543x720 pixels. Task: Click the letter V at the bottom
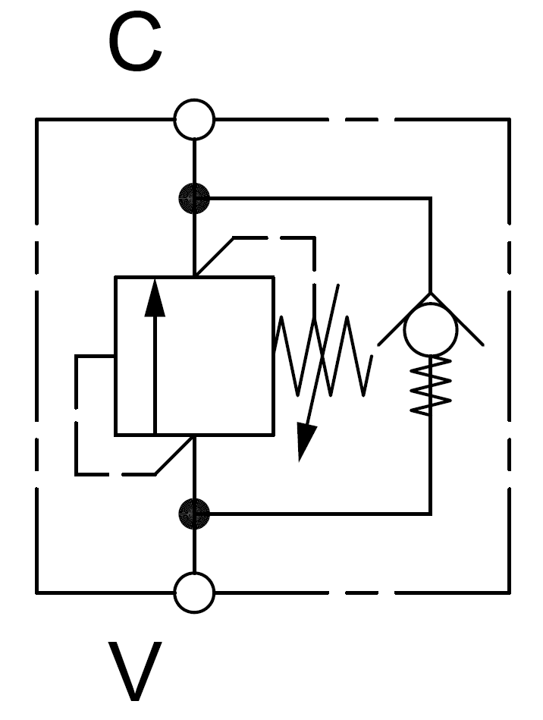click(135, 671)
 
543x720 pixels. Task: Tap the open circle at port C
click(194, 119)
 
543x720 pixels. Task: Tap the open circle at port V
click(194, 593)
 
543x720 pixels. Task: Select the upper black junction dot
click(194, 199)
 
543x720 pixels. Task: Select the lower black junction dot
click(194, 514)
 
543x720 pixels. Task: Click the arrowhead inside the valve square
click(155, 298)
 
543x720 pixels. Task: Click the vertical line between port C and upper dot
click(194, 162)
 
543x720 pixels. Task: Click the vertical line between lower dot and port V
click(194, 551)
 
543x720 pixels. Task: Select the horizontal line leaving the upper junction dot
click(319, 199)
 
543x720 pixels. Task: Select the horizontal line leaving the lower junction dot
click(319, 514)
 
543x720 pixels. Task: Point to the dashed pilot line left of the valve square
click(77, 413)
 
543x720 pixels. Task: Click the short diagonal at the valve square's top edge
click(213, 257)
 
